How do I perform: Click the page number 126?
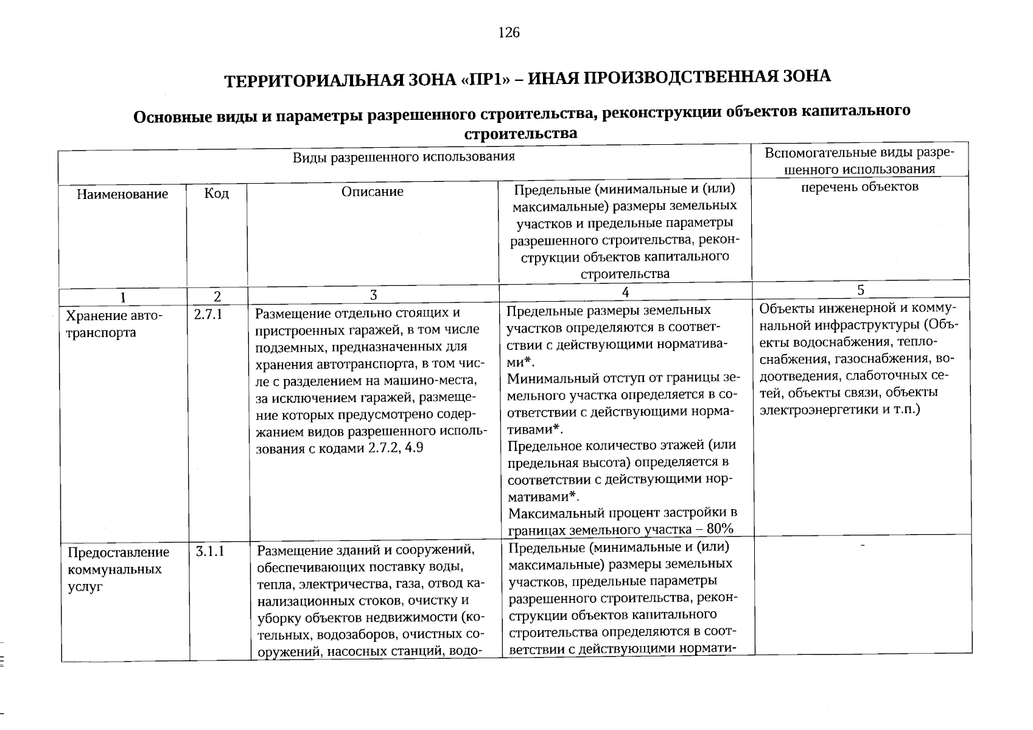click(x=509, y=33)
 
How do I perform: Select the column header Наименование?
click(x=122, y=194)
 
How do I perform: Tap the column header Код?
click(x=217, y=193)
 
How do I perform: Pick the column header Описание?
click(x=373, y=192)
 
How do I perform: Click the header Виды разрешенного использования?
click(x=404, y=157)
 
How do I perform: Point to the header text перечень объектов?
click(x=860, y=187)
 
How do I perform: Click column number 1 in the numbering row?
click(x=123, y=297)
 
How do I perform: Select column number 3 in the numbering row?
click(x=373, y=296)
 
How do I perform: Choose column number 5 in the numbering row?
click(x=860, y=290)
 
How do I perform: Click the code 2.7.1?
click(x=208, y=315)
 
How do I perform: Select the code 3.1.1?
click(x=211, y=552)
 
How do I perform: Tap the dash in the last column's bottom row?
click(x=862, y=546)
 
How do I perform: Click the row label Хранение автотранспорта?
click(x=114, y=324)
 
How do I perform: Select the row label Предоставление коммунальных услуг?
click(x=118, y=569)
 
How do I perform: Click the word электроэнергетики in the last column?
click(x=813, y=409)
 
